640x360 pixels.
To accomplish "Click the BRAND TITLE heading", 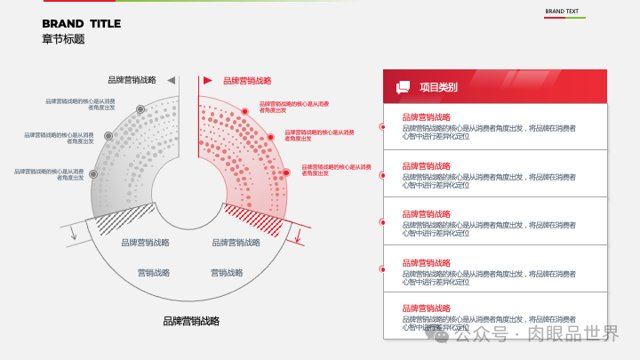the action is [81, 24].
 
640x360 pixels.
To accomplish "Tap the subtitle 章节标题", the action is [63, 39].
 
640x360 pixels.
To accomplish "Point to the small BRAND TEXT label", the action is [562, 12].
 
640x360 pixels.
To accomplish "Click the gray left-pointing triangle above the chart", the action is [171, 80].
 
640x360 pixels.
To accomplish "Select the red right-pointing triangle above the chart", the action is [208, 80].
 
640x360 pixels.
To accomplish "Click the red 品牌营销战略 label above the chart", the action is [247, 81].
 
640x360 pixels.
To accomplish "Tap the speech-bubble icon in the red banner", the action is [404, 87].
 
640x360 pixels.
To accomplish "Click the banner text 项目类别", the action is [438, 87].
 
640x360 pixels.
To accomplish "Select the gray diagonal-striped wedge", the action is [124, 219].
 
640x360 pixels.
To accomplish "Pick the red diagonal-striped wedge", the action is [254, 217].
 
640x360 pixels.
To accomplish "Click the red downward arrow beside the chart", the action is [299, 237].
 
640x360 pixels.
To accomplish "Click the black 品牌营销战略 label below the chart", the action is [191, 321].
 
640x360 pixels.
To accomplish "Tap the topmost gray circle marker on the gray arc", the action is [140, 109].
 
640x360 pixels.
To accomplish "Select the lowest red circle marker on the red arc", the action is [286, 172].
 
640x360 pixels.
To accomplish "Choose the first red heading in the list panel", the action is [427, 117].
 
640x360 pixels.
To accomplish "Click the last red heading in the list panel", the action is [427, 310].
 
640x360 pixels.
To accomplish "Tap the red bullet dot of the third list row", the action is [382, 223].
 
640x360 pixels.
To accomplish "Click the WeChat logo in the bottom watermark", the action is [441, 335].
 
